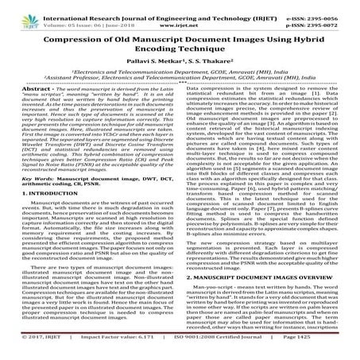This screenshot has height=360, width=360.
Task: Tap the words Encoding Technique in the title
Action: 180,53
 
